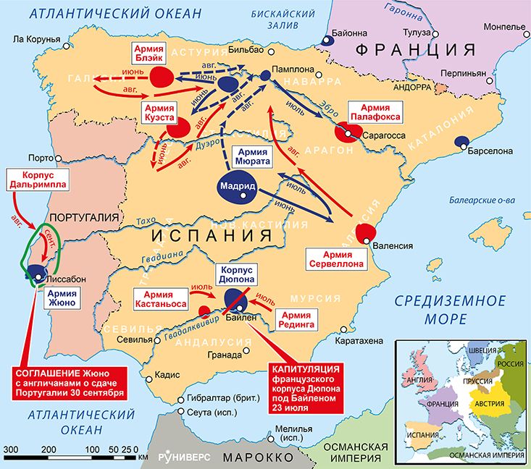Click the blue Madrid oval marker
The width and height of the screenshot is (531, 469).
[x=236, y=187]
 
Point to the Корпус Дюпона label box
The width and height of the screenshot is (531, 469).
[x=235, y=274]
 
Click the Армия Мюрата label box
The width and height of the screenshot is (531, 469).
[x=253, y=157]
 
